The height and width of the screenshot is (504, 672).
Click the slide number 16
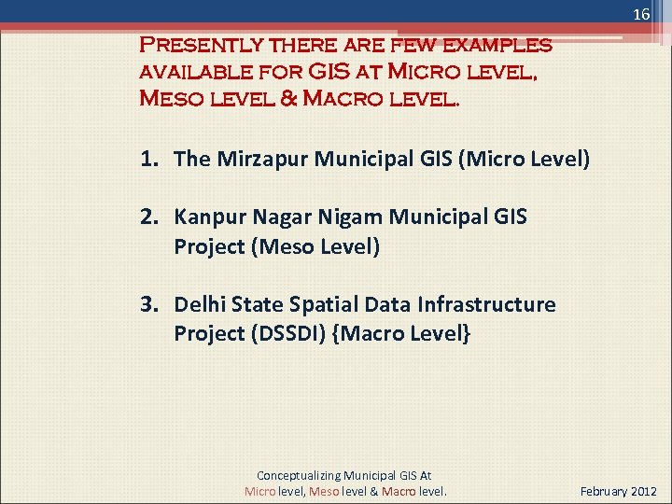(x=641, y=15)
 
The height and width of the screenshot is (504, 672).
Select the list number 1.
(x=149, y=159)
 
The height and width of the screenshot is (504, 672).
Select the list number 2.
(x=149, y=217)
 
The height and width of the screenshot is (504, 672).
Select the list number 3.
(x=149, y=304)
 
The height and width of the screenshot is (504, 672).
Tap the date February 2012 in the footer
(x=618, y=491)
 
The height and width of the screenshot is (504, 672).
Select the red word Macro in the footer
(x=399, y=491)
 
